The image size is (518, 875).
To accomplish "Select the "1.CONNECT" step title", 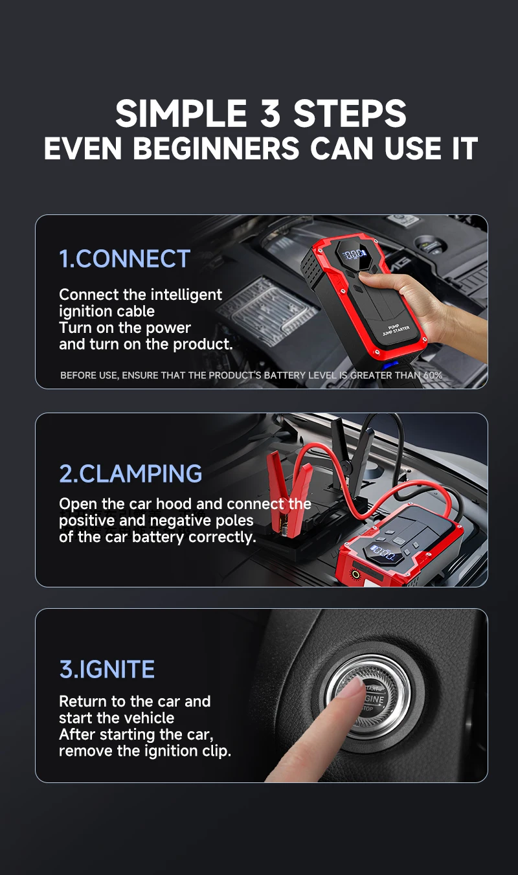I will (124, 259).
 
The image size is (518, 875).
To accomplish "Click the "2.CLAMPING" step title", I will (130, 473).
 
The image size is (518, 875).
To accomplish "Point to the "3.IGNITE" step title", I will (107, 669).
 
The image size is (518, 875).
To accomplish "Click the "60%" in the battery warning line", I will (433, 376).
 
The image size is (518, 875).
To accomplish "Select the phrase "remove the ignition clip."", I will (144, 751).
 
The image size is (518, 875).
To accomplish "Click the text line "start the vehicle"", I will (117, 718).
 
